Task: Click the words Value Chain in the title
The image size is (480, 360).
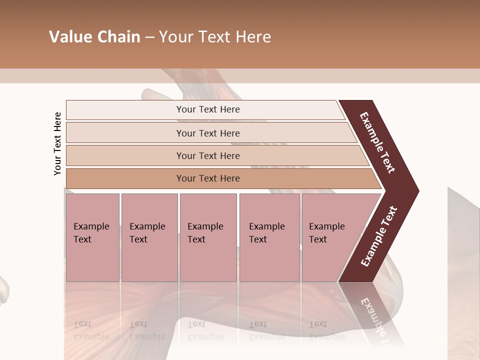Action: tap(94, 37)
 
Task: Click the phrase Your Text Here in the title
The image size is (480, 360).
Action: tap(215, 37)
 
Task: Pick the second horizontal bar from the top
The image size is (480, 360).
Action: tap(208, 133)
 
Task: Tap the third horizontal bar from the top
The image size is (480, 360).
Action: tap(208, 155)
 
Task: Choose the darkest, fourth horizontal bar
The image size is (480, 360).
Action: tap(208, 178)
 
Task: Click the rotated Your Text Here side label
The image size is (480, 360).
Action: tap(57, 143)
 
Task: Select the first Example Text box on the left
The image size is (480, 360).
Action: tap(92, 237)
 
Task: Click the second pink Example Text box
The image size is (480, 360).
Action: tap(149, 237)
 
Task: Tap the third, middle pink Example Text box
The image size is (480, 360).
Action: tap(208, 237)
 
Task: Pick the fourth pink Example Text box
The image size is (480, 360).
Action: tap(269, 237)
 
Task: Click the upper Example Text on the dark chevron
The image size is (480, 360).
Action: tap(377, 142)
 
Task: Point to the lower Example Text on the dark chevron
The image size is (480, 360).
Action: tap(379, 236)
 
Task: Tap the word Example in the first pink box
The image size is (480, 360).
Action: tap(91, 226)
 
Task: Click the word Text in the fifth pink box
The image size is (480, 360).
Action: tap(318, 239)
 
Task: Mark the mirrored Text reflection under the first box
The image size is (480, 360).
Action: tap(82, 324)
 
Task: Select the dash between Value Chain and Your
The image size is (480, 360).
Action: tap(149, 37)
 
